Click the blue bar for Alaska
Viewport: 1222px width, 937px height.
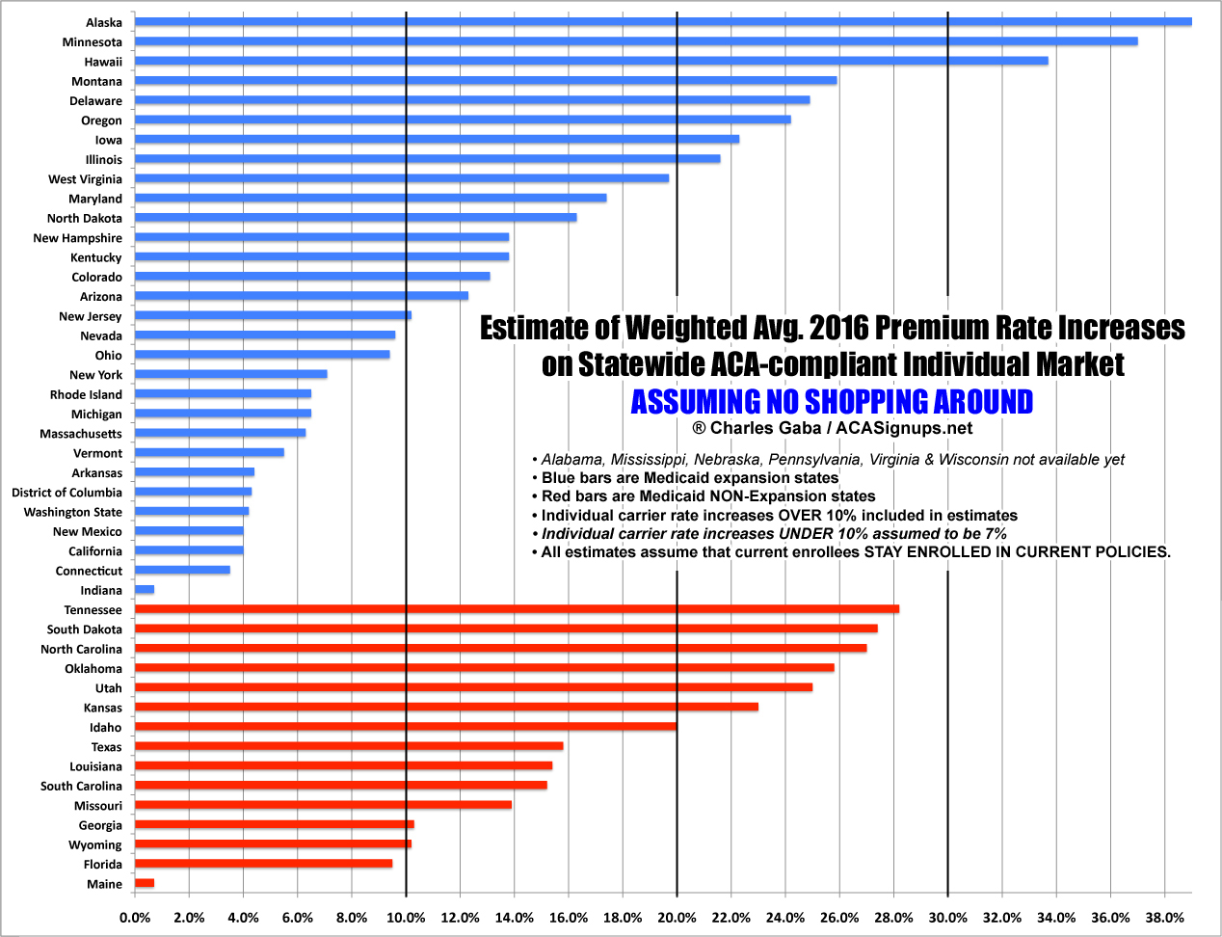click(x=663, y=21)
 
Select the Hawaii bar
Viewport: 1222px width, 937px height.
click(x=591, y=61)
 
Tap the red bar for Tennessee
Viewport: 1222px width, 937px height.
click(x=517, y=609)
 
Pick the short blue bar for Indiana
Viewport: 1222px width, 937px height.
click(x=145, y=589)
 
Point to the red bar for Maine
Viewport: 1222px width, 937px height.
click(x=145, y=883)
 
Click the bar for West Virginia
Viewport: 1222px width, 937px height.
click(x=402, y=178)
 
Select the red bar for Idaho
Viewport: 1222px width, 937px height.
click(x=406, y=727)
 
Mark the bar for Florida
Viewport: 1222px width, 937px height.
click(x=263, y=864)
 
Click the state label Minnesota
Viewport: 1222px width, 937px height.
click(x=93, y=42)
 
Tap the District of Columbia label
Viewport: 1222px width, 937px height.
click(x=66, y=493)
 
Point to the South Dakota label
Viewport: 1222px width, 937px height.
click(x=85, y=629)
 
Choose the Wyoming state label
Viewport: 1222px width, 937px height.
click(x=95, y=845)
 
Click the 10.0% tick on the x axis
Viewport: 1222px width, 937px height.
click(x=406, y=918)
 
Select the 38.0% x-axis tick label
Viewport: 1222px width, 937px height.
click(x=1164, y=918)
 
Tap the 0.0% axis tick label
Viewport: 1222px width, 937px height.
click(x=135, y=918)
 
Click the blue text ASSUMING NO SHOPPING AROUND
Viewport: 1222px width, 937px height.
click(x=832, y=401)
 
